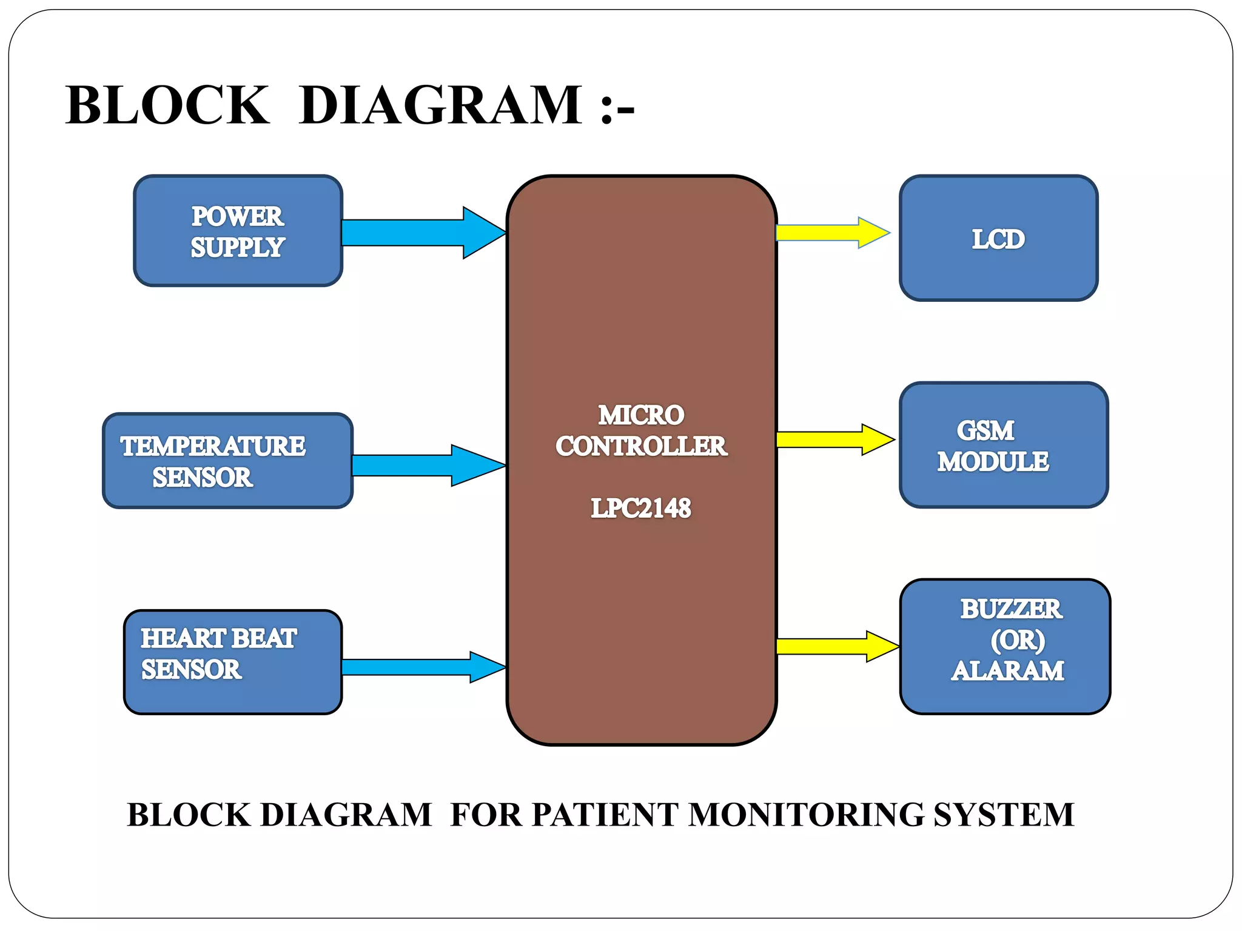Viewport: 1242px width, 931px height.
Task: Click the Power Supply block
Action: [x=238, y=231]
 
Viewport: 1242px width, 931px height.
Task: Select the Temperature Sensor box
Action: [x=227, y=461]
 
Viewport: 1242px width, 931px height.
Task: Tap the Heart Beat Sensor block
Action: [x=233, y=662]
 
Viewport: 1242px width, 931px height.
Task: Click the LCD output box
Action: [x=998, y=238]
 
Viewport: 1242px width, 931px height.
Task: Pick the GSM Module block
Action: [x=1004, y=445]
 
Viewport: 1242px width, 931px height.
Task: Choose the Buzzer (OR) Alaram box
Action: [x=1005, y=646]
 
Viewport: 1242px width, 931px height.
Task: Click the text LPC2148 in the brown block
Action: [x=641, y=508]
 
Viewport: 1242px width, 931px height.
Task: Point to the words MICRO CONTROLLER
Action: [x=641, y=431]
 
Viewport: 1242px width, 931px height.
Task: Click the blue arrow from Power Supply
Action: [x=425, y=233]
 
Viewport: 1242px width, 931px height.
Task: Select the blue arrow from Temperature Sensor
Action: [x=428, y=465]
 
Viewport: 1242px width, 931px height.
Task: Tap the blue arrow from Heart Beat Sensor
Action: [x=425, y=667]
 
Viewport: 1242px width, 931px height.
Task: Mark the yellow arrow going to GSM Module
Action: [x=834, y=439]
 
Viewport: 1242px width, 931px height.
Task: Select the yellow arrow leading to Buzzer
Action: [x=837, y=646]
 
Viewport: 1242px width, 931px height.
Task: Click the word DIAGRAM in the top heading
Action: [x=440, y=105]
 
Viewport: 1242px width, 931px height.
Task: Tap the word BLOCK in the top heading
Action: [x=167, y=105]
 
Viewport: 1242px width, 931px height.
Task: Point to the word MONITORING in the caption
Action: [x=805, y=814]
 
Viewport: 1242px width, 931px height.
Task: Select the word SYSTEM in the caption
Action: [x=1004, y=814]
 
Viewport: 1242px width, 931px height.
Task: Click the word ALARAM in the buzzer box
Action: [x=1007, y=671]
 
